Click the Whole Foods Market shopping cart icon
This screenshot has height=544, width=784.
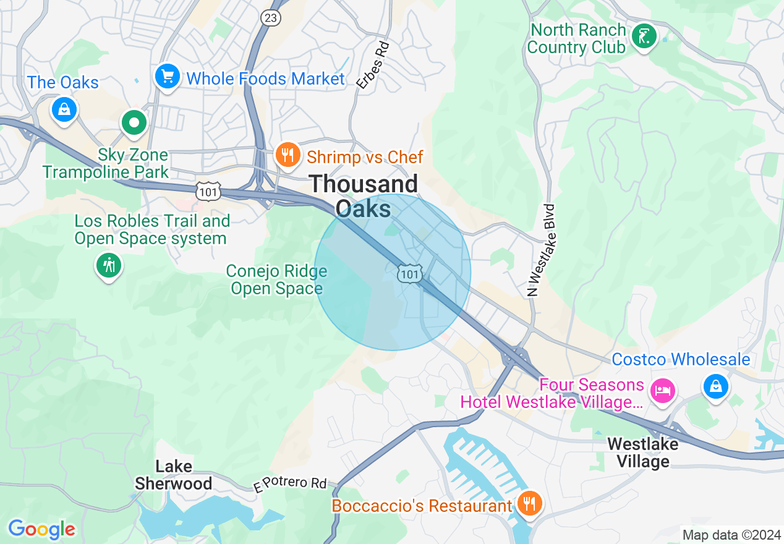[x=167, y=77]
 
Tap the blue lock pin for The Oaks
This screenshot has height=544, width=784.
[x=64, y=110]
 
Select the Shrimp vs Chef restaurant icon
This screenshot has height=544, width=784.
[x=288, y=155]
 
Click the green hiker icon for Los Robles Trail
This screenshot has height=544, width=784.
[x=109, y=266]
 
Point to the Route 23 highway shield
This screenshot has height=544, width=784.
[x=270, y=18]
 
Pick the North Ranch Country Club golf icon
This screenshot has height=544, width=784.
[x=644, y=38]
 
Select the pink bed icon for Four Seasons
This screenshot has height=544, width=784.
[x=662, y=390]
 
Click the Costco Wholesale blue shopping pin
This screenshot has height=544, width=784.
[x=716, y=387]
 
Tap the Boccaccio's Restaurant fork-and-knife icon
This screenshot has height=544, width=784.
[x=529, y=504]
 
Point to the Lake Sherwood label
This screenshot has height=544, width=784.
[x=174, y=475]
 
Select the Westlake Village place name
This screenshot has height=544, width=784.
[x=642, y=453]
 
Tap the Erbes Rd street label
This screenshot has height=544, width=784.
[x=373, y=64]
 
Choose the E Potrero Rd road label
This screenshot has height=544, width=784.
[x=289, y=484]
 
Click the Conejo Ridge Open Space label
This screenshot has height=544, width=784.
[x=276, y=279]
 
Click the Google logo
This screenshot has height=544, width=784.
[x=41, y=529]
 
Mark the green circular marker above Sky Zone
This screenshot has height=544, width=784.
[x=134, y=122]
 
